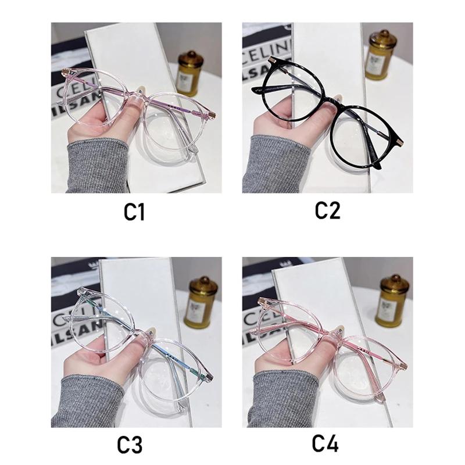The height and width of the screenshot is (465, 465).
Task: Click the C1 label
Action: (134, 212)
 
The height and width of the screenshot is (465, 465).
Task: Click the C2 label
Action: (327, 210)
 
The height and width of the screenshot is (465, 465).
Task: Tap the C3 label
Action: (129, 445)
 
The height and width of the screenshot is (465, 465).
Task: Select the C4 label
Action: (325, 443)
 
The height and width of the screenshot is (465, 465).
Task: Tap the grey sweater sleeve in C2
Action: (273, 166)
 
